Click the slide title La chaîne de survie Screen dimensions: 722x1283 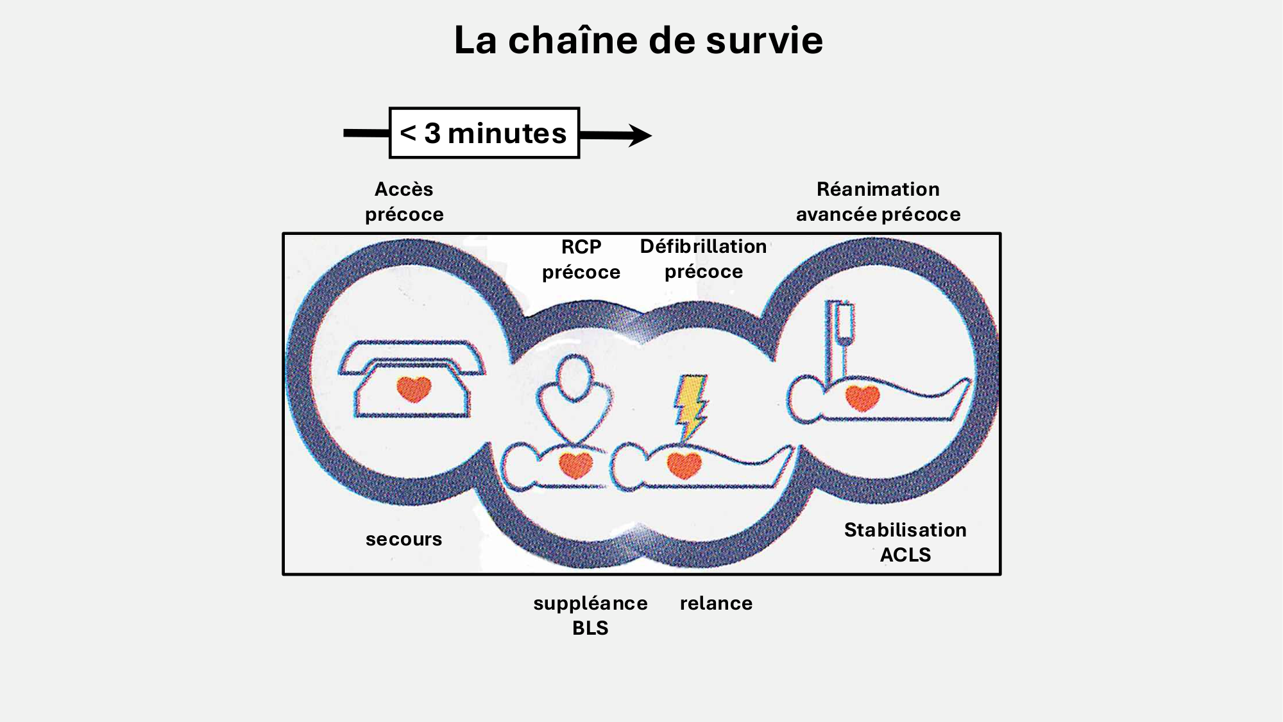tap(638, 40)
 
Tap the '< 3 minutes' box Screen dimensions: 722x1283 tap(484, 133)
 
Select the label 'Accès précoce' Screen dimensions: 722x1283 tap(404, 202)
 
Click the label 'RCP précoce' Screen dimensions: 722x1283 tap(581, 259)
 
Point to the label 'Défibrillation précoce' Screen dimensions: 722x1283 tap(703, 259)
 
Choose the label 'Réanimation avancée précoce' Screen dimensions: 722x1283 tap(878, 202)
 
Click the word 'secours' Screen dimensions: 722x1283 tap(404, 539)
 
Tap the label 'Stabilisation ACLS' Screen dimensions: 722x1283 tap(905, 542)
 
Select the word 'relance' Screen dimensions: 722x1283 tap(716, 603)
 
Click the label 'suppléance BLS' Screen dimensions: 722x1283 tap(590, 615)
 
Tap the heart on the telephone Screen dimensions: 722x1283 tap(414, 388)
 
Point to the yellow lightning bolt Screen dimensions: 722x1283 tap(690, 404)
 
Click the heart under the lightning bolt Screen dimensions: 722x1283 tap(684, 464)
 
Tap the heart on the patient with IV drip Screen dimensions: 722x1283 tap(862, 397)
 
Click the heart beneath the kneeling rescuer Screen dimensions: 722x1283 tap(575, 465)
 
